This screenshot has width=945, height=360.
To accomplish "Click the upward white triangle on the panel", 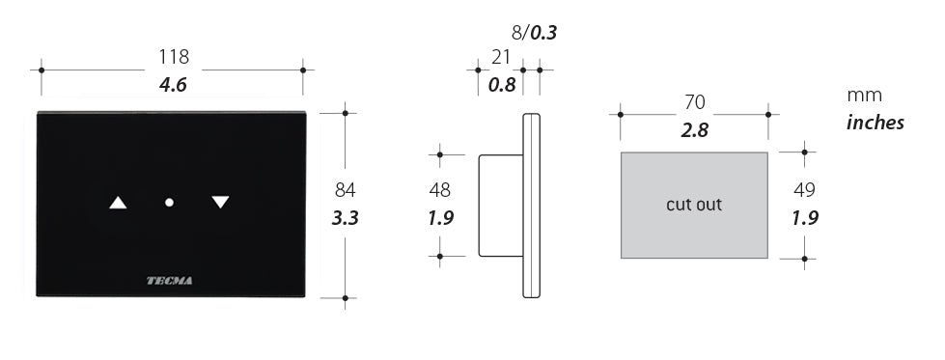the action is point(118,203).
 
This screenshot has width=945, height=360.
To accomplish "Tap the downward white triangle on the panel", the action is point(221,202).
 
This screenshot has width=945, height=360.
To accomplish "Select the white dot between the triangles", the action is point(169,203).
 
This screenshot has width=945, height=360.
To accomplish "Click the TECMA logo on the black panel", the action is point(170,281).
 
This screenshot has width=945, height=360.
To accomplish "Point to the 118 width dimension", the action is point(174,57).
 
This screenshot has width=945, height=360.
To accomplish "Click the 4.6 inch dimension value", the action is point(173,85).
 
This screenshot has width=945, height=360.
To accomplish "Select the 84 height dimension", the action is point(345,190).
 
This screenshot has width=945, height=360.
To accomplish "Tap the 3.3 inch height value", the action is point(346,218).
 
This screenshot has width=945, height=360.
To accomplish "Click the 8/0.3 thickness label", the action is point(534,33).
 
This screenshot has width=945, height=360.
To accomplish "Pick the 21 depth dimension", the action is point(501,57).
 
